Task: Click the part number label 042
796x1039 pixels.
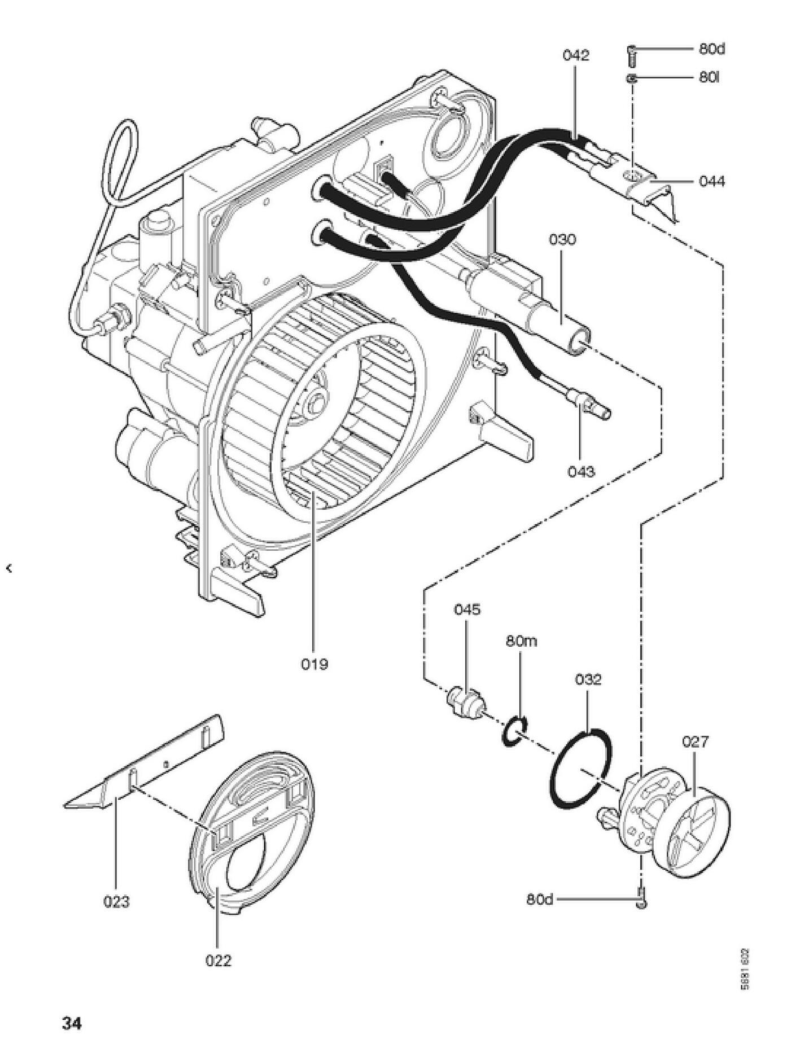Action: tap(575, 55)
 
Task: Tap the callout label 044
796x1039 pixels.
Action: tap(711, 181)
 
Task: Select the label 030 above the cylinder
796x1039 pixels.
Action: tap(562, 239)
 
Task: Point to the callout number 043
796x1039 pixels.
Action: tap(581, 471)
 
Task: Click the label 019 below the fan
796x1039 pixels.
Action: tap(314, 664)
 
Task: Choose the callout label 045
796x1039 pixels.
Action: tap(467, 610)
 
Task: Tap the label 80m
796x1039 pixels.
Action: tap(521, 642)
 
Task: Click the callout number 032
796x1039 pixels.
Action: tap(588, 679)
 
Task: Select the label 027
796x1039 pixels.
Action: tap(694, 741)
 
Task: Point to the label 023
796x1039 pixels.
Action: tap(116, 902)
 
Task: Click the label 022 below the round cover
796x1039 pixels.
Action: tap(218, 960)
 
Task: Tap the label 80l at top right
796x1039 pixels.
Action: tap(709, 77)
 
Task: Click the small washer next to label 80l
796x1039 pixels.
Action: tap(632, 78)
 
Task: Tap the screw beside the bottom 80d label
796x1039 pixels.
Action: tap(641, 897)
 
